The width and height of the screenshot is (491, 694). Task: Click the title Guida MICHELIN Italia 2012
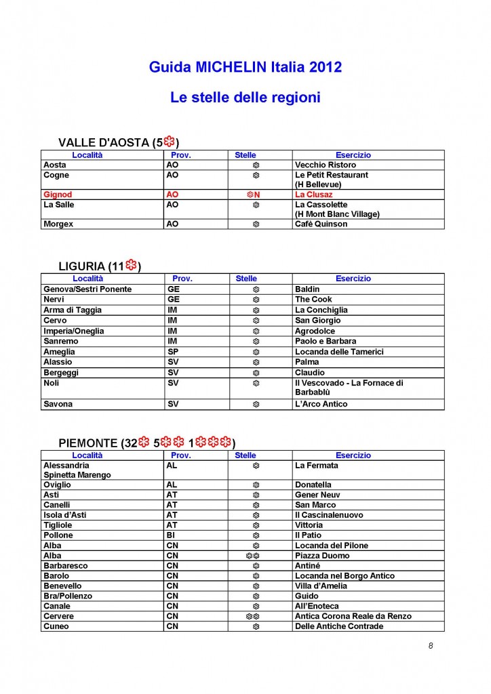click(245, 67)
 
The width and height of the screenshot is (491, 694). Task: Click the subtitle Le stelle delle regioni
click(245, 98)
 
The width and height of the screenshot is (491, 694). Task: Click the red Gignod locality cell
click(58, 195)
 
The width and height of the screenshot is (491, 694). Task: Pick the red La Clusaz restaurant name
click(313, 195)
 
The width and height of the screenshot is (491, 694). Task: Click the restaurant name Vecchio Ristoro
click(325, 165)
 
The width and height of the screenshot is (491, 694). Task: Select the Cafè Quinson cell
click(321, 224)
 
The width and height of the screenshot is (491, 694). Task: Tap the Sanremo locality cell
click(60, 341)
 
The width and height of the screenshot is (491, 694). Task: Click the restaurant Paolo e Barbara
click(325, 341)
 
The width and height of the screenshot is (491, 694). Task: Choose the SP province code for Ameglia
click(173, 352)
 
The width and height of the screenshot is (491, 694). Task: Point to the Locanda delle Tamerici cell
click(339, 352)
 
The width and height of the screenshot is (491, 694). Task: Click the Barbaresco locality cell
click(65, 566)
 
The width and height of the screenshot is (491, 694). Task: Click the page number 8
click(430, 645)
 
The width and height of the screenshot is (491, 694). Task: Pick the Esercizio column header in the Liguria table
click(353, 279)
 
